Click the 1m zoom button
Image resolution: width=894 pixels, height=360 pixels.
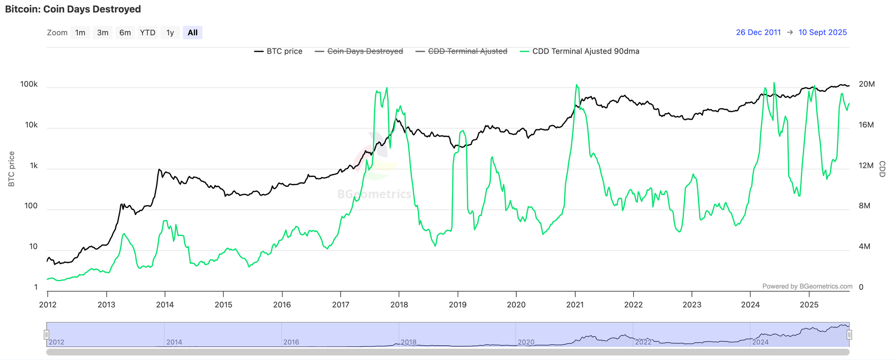tap(80, 33)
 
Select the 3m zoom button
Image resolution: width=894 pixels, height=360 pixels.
tap(103, 33)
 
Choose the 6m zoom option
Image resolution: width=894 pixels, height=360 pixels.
tap(125, 33)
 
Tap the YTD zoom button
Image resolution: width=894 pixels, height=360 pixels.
tap(148, 33)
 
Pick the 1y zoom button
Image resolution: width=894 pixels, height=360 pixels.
tap(170, 33)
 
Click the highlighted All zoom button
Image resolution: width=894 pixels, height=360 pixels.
tap(193, 33)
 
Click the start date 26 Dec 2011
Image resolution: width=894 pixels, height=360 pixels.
tap(758, 32)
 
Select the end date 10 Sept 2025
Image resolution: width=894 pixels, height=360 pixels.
tap(822, 32)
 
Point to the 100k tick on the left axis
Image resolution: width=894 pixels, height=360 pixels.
tap(29, 85)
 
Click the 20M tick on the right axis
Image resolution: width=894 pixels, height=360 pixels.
tap(867, 85)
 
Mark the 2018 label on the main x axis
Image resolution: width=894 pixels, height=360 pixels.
tap(399, 305)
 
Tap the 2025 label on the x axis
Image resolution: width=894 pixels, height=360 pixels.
tap(809, 305)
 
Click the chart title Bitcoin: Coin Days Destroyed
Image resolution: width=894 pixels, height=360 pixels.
tap(73, 9)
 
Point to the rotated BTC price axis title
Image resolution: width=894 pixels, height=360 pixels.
tap(12, 169)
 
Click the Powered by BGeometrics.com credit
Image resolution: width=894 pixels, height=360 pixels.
tap(807, 286)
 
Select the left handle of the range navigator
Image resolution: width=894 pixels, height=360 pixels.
tap(46, 335)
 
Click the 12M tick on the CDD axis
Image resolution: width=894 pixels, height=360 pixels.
tap(866, 165)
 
